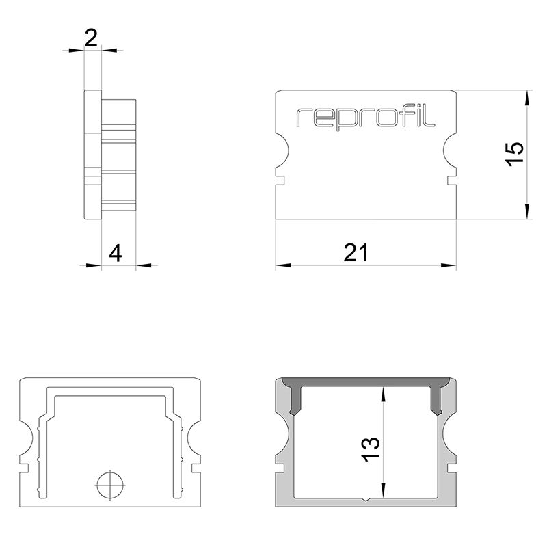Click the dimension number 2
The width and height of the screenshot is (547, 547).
(91, 38)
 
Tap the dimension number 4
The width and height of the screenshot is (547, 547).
(116, 253)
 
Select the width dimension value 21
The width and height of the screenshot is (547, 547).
(356, 252)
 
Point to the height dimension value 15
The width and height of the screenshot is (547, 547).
(516, 155)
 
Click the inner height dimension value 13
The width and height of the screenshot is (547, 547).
(371, 449)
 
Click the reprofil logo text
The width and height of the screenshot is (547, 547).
(366, 118)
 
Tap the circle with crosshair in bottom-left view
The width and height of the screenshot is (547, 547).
(110, 485)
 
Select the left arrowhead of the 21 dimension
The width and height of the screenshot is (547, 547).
(283, 265)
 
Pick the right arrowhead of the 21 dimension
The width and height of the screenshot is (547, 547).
(449, 265)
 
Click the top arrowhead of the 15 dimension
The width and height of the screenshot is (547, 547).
(527, 98)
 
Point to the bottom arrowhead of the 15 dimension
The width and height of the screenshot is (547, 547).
(527, 212)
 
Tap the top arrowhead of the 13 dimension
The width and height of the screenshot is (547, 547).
(384, 395)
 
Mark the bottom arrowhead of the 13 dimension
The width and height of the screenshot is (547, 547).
(384, 490)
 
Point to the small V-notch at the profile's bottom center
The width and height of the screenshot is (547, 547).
(365, 499)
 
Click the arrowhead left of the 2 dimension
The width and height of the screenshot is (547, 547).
(77, 51)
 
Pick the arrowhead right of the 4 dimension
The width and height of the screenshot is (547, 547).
(144, 265)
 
